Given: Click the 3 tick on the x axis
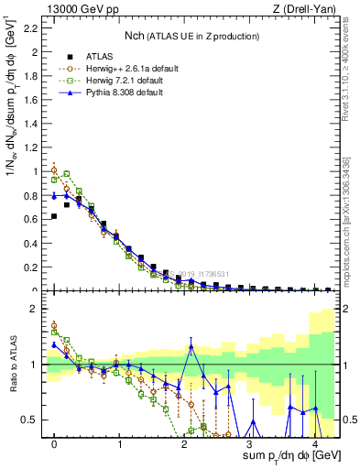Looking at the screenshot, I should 248,442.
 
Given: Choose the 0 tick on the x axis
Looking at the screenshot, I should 55,442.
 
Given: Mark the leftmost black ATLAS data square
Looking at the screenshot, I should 55,216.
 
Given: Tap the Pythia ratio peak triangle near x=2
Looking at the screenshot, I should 191,346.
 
